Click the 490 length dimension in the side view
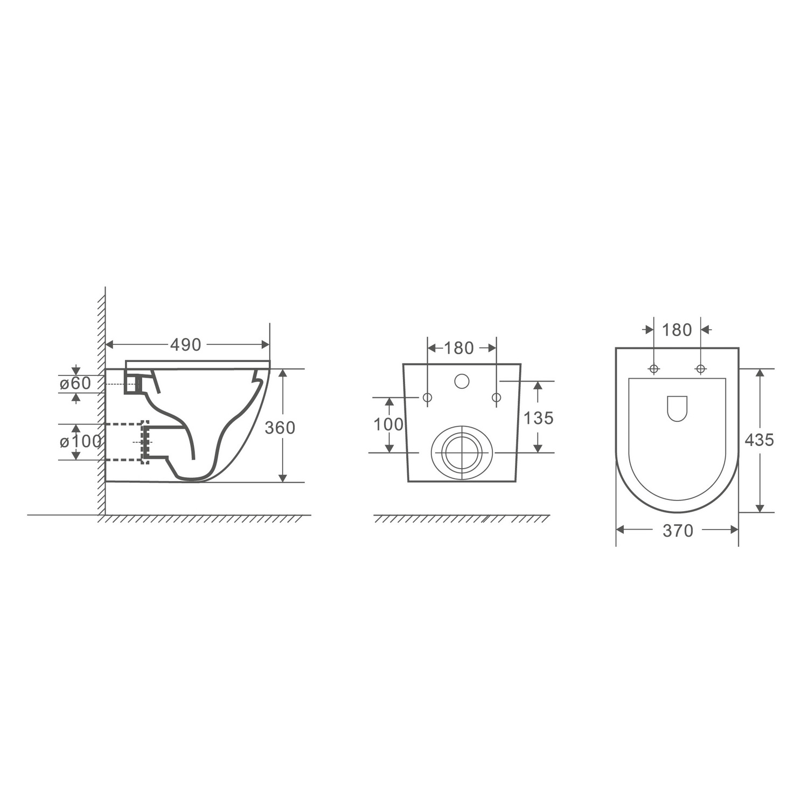point(186,345)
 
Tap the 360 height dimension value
point(280,428)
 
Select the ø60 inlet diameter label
point(75,384)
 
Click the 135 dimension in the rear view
point(539,418)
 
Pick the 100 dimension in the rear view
point(389,424)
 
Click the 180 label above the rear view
point(459,348)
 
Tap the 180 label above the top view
point(677,330)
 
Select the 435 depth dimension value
point(759,440)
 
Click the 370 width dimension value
point(678,531)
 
